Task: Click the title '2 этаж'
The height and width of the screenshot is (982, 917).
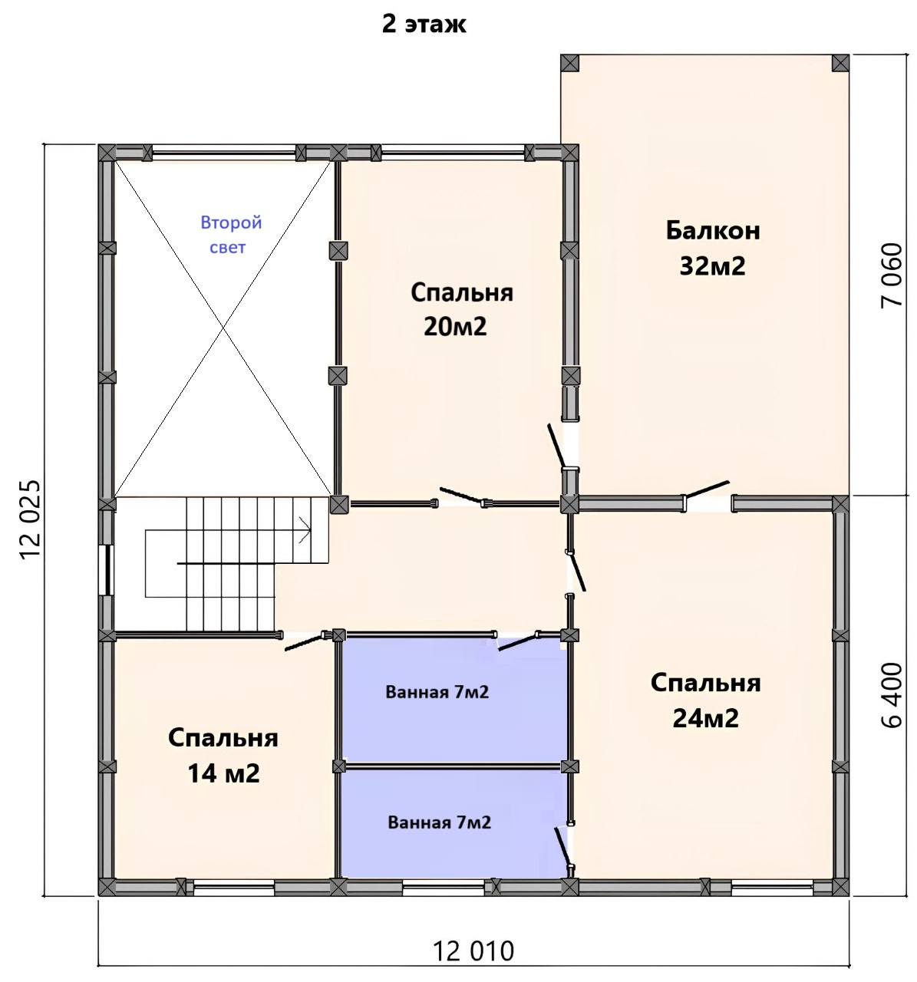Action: coord(424,25)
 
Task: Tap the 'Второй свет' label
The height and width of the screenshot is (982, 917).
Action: coord(230,235)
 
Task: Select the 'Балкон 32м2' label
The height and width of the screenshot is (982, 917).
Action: coord(713,249)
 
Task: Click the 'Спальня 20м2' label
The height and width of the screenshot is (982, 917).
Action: coord(462,309)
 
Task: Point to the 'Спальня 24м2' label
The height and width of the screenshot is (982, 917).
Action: coord(705,700)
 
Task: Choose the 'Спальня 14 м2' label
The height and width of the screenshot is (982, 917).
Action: coord(223,756)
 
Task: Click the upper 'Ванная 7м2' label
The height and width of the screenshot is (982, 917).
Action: coord(437,692)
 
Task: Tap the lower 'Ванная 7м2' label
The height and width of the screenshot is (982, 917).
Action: coord(439,822)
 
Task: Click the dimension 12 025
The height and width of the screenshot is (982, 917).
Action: coord(30,519)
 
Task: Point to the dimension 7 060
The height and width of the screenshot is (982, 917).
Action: coord(891,275)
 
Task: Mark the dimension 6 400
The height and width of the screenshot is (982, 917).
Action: coord(891,695)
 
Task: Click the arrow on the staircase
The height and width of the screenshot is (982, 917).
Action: coord(304,530)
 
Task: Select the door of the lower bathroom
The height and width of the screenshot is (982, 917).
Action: coord(564,848)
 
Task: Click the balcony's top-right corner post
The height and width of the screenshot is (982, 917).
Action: coord(840,63)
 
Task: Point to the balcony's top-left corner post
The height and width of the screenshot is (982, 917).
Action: coord(569,63)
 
